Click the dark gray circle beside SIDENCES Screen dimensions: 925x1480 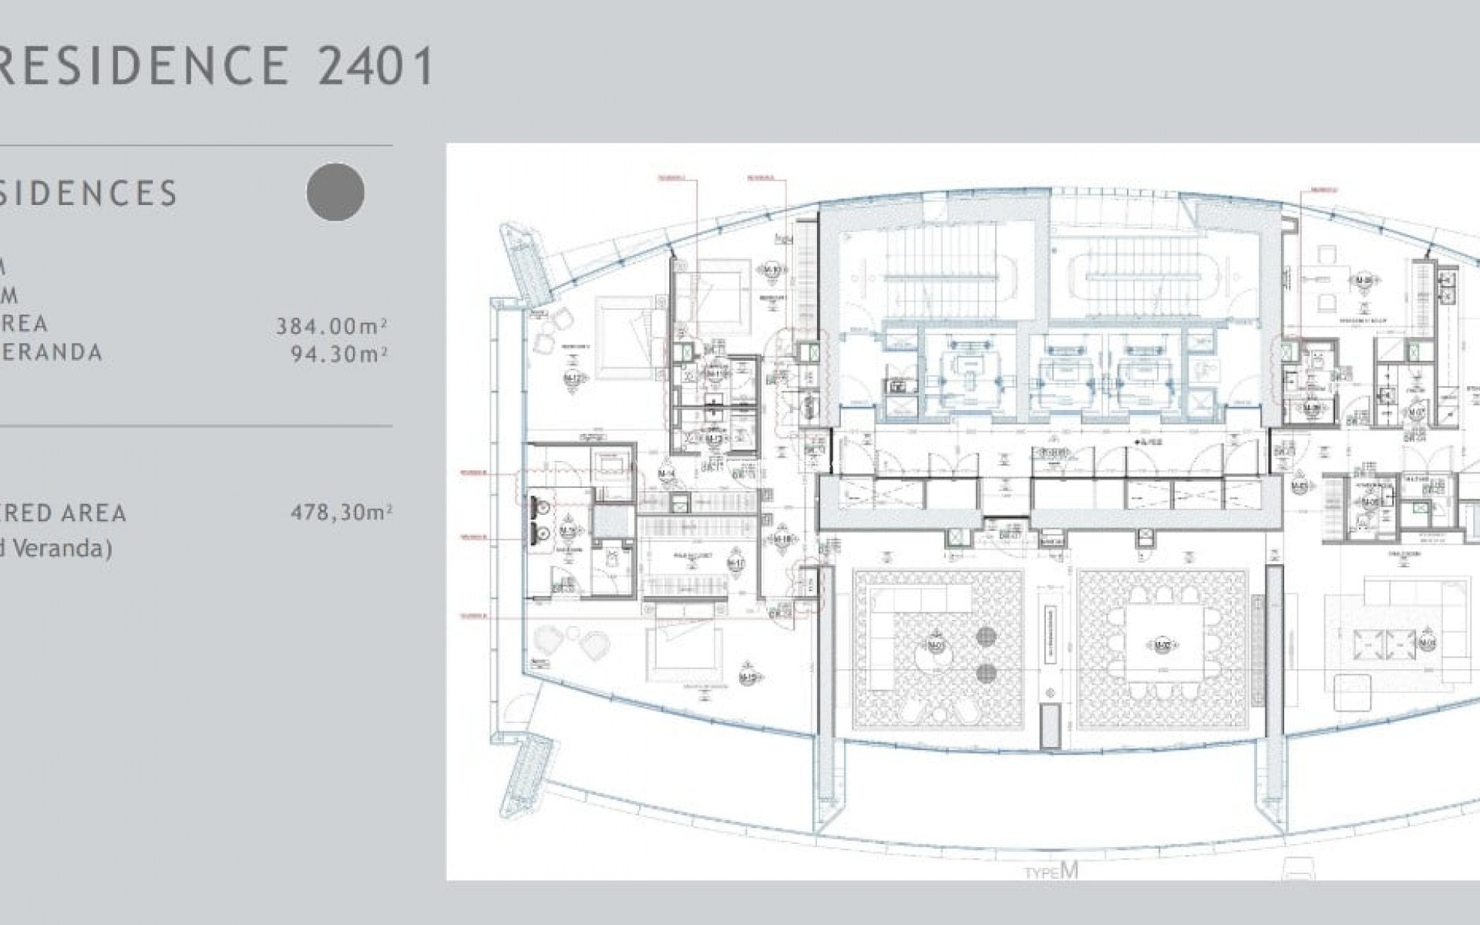pos(335,193)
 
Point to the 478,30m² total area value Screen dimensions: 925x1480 pos(341,513)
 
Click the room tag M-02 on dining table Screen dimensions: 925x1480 pos(1162,644)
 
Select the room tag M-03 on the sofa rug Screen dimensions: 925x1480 pos(935,644)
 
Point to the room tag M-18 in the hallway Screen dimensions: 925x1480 pos(782,540)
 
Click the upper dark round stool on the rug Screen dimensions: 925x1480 pos(987,637)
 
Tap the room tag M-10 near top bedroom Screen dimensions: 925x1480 pos(770,269)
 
